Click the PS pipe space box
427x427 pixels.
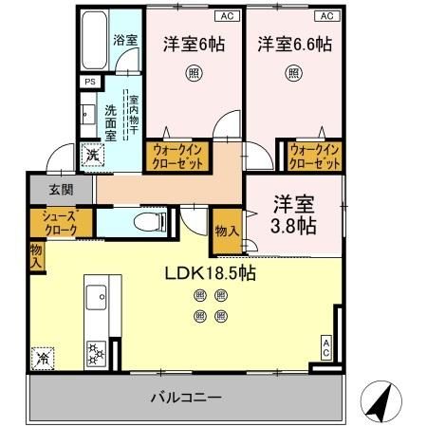[x=90, y=83]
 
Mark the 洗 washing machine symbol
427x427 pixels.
[x=93, y=153]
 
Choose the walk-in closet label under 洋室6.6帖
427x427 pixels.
[x=315, y=156]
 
